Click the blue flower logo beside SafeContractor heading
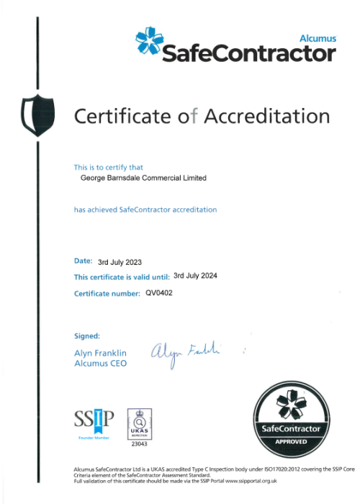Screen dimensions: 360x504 click(x=150, y=42)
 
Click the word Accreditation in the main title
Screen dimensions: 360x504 click(x=267, y=115)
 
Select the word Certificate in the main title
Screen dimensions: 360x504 click(x=122, y=115)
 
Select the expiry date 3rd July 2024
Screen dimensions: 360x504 click(x=196, y=276)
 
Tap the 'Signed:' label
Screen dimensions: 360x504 click(x=87, y=336)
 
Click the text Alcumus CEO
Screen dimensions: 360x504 click(x=101, y=364)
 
